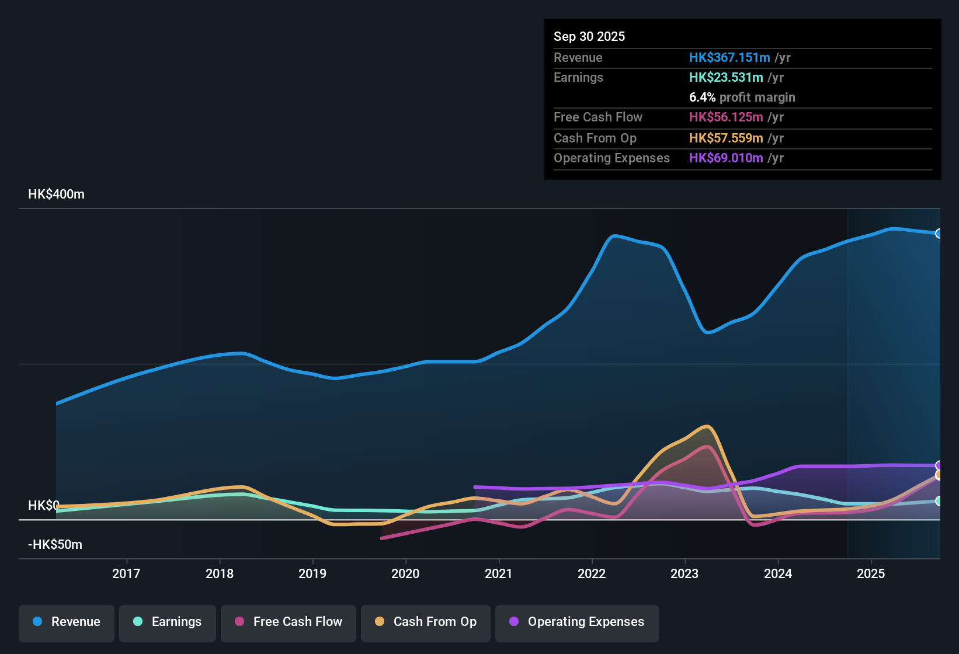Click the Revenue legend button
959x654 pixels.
tap(67, 622)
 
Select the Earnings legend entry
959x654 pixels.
tap(168, 622)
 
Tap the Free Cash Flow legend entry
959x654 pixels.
tap(289, 622)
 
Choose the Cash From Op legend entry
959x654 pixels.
tap(426, 622)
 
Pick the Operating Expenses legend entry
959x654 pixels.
tap(576, 622)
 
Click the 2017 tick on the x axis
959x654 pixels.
tap(126, 573)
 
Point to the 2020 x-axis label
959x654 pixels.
tap(405, 573)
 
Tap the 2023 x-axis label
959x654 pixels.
tap(684, 573)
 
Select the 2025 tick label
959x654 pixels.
tap(871, 573)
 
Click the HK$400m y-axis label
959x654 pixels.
tap(56, 194)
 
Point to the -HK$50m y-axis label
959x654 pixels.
tap(55, 545)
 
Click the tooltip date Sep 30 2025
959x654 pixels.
tap(589, 36)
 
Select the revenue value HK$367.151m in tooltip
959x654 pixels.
tap(729, 57)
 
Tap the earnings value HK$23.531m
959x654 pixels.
tap(726, 77)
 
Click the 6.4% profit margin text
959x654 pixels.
tap(742, 97)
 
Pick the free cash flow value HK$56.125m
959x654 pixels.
tap(726, 117)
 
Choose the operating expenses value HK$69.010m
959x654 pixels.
tap(726, 158)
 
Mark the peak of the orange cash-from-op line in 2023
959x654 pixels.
tap(707, 426)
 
